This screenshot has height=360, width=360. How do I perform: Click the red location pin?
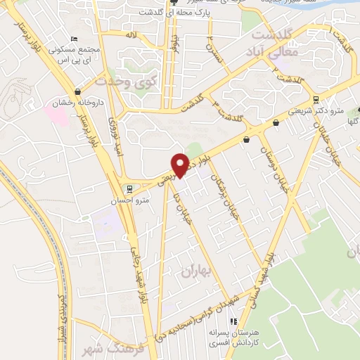click(181, 165)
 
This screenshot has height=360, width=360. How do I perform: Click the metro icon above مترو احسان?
click(127, 188)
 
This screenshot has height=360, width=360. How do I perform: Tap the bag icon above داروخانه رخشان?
click(77, 91)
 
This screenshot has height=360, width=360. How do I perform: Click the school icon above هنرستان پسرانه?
click(214, 320)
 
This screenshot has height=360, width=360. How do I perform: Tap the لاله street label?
click(131, 34)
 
